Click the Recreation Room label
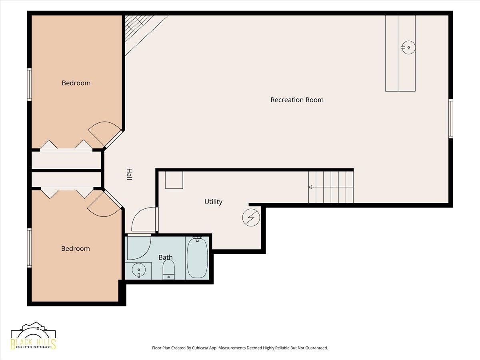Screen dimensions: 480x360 click(x=297, y=100)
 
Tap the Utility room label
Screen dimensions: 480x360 click(x=213, y=202)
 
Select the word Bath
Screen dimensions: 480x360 click(x=166, y=257)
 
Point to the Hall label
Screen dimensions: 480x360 click(x=130, y=174)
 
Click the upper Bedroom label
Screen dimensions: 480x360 click(x=76, y=83)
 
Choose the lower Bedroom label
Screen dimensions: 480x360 click(x=76, y=248)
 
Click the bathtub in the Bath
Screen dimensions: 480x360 click(x=197, y=258)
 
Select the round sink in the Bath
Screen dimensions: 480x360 click(x=139, y=270)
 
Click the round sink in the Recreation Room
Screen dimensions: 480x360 click(x=408, y=47)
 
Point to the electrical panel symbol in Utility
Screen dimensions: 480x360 click(x=251, y=218)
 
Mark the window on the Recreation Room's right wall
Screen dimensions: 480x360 click(x=450, y=118)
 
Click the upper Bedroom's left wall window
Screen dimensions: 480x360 click(x=29, y=84)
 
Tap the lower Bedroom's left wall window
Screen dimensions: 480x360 click(x=29, y=248)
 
